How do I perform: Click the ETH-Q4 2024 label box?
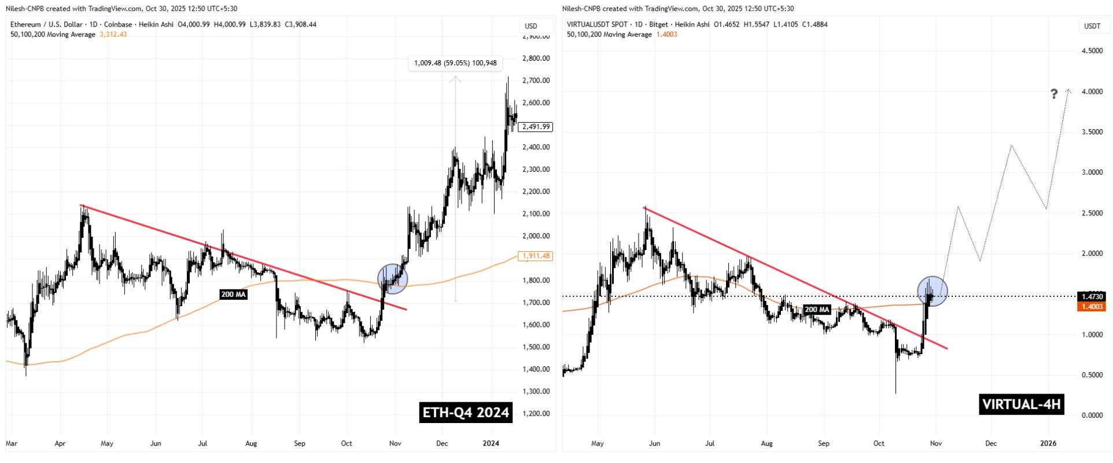pos(466,412)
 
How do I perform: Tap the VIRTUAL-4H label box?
pos(1022,404)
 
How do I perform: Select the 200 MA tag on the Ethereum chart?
pos(233,295)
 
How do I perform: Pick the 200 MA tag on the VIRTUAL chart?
pos(817,310)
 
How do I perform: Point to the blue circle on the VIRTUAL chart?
pos(933,291)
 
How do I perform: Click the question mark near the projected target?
pos(1054,94)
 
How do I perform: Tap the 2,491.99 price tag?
pos(536,127)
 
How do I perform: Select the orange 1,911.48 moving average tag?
pos(536,256)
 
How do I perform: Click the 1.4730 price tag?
pos(1090,296)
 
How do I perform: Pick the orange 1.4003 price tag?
pos(1090,307)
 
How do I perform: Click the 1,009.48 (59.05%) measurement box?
pos(455,63)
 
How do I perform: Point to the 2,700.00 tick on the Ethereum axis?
pos(535,80)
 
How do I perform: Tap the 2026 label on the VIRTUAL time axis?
pos(1048,443)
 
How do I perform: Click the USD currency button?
pos(530,26)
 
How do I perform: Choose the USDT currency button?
pos(1092,26)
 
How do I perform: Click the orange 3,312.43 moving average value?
pos(113,35)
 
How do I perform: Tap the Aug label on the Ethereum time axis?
pos(250,443)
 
